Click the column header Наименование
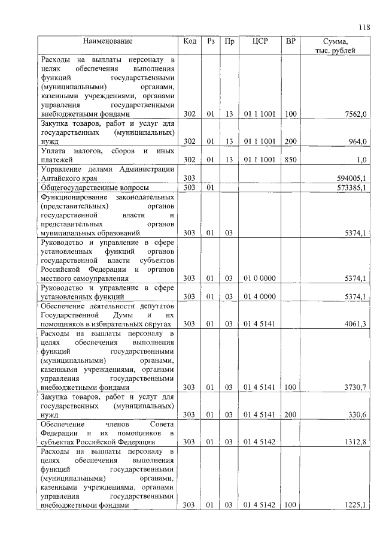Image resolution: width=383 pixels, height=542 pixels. tap(108, 42)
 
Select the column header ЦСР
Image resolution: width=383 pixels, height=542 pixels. tap(260, 42)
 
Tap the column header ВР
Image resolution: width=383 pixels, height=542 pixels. tap(291, 42)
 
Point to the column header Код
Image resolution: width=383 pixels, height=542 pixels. tap(190, 42)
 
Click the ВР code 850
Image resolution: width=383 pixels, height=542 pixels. tap(291, 160)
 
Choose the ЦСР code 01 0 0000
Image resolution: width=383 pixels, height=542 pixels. tap(260, 278)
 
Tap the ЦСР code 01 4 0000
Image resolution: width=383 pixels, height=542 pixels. tap(260, 296)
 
